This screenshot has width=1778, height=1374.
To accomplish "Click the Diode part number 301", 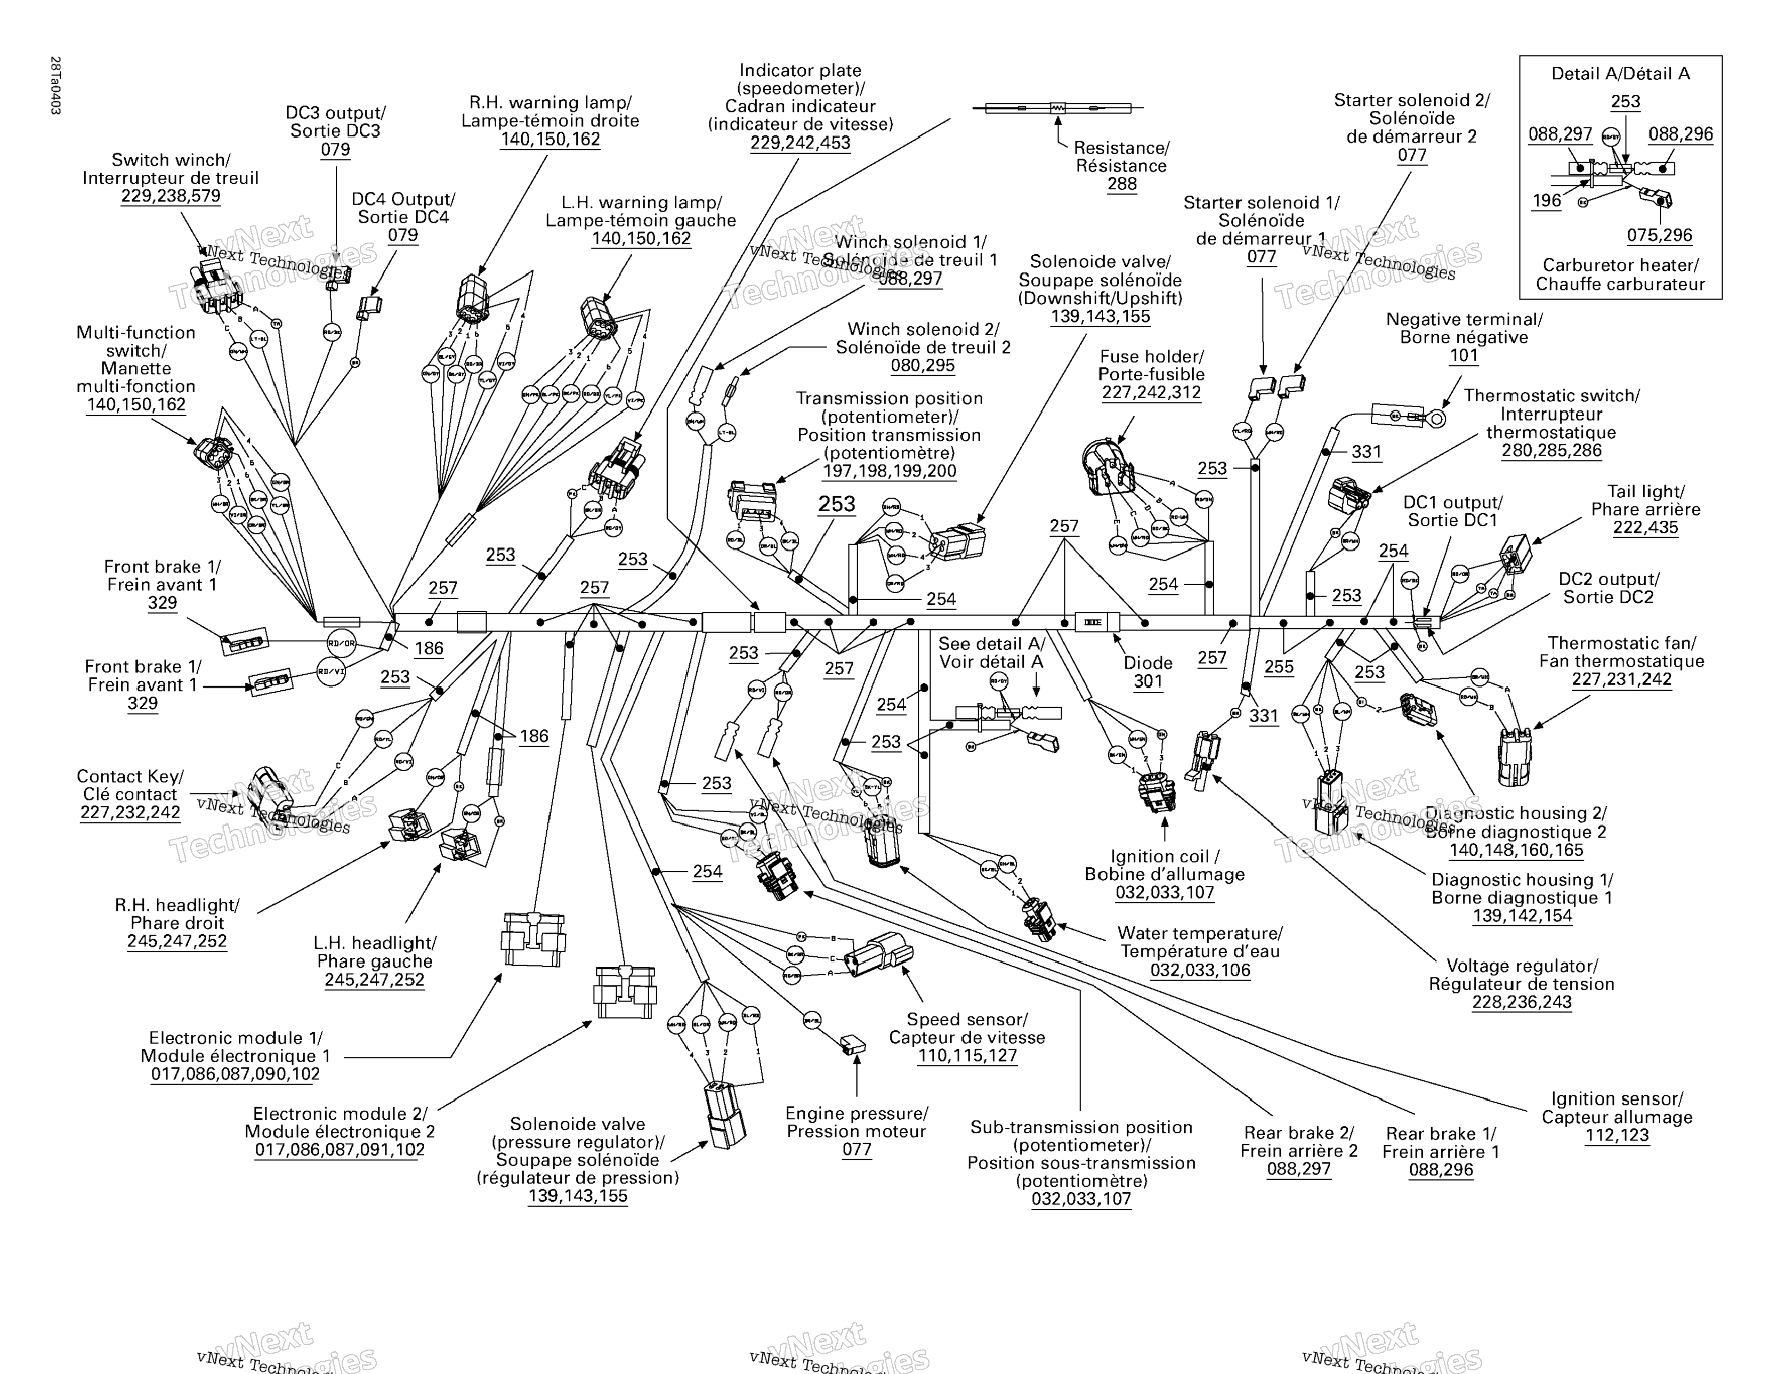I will (x=1148, y=681).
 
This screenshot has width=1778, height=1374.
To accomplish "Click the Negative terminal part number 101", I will (x=1463, y=355).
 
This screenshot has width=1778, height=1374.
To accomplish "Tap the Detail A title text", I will (x=1620, y=74).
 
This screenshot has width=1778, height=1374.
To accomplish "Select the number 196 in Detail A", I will (x=1546, y=200).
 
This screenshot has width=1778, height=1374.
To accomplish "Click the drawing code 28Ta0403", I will (x=55, y=85).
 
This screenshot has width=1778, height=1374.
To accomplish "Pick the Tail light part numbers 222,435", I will (x=1645, y=528).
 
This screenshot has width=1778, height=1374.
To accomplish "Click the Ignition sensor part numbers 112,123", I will (x=1617, y=1136).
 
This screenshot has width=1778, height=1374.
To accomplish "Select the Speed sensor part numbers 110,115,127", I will (x=967, y=1056).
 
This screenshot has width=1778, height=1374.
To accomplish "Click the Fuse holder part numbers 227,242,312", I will (x=1151, y=392).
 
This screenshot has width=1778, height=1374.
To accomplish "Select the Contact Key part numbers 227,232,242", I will (x=130, y=812).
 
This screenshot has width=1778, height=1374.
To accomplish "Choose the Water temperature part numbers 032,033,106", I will (x=1200, y=969).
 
